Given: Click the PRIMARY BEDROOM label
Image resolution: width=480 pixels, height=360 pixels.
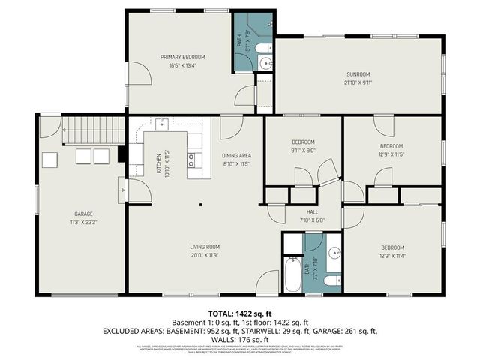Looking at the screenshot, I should [182, 57].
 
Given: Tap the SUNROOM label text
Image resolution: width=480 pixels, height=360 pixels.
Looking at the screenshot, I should [358, 74].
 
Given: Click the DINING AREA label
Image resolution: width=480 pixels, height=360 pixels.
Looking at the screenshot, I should [236, 154].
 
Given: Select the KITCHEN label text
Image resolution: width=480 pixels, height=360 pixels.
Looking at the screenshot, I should [158, 163].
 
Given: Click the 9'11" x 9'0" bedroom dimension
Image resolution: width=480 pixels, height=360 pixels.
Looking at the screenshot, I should [303, 150].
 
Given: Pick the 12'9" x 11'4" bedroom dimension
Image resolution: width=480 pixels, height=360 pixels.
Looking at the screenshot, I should [391, 255].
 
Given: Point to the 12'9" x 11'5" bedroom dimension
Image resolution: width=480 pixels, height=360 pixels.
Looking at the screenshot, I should [391, 154].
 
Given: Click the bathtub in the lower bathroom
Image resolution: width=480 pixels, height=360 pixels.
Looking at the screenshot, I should [292, 274].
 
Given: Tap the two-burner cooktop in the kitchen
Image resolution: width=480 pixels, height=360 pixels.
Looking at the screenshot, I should [191, 158].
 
